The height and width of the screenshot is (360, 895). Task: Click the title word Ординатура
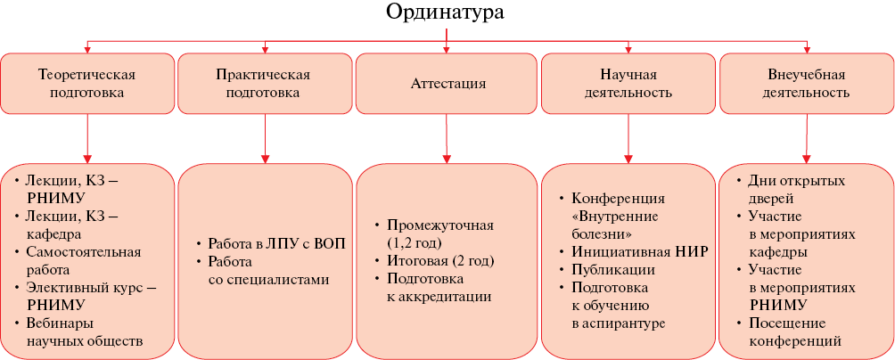445,12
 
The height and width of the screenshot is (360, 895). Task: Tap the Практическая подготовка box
265,83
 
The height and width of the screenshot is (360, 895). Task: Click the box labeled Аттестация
448,83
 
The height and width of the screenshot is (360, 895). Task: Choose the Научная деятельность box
628,83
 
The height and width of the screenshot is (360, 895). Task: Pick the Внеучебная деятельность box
807,83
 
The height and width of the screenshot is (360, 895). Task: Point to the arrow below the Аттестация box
447,138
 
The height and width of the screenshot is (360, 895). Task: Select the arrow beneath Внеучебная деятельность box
807,138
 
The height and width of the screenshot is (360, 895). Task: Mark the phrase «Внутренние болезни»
615,225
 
